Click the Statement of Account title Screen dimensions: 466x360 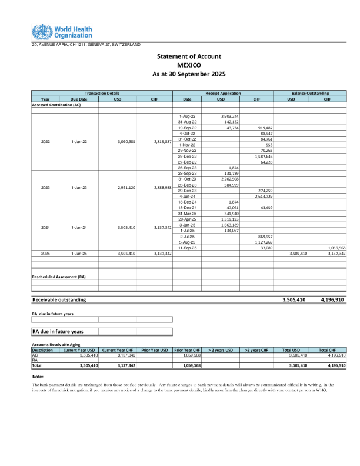click(x=189, y=56)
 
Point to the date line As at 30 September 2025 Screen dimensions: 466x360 click(x=189, y=74)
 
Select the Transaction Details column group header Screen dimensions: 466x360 click(x=102, y=93)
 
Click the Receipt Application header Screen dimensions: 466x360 click(x=223, y=93)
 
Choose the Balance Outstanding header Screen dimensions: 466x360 click(x=310, y=93)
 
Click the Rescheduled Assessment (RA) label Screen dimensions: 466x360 click(x=59, y=276)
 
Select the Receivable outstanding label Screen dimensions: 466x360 click(x=59, y=299)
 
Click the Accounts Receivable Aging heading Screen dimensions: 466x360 click(x=58, y=345)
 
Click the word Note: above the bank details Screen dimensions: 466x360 click(x=38, y=376)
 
